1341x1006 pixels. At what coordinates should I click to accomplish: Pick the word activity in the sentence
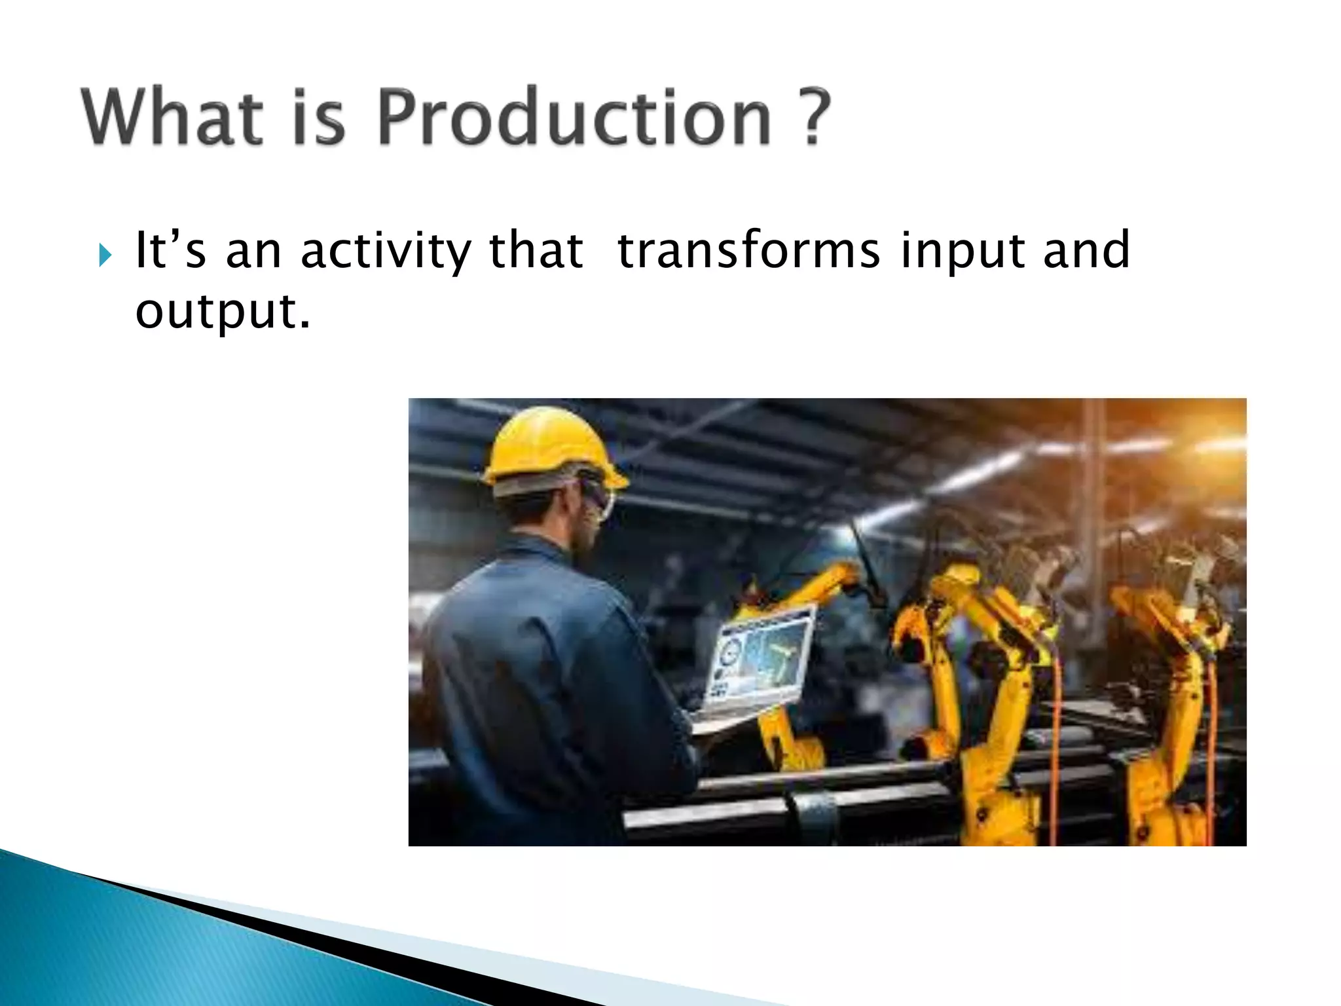pyautogui.click(x=386, y=252)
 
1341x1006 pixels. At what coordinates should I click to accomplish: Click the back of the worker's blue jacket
pyautogui.click(x=524, y=655)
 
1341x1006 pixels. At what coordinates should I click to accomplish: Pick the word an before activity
pyautogui.click(x=253, y=252)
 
